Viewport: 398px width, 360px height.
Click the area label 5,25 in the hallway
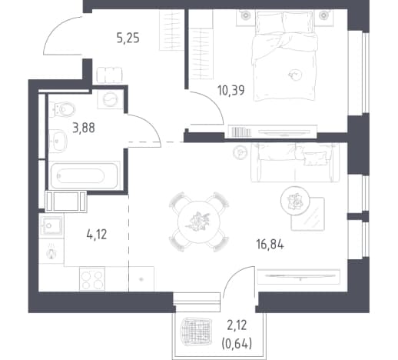coord(128,38)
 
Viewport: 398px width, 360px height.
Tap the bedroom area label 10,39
coord(231,90)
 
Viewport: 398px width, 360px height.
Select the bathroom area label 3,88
coord(84,128)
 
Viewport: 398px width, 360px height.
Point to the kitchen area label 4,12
coord(97,235)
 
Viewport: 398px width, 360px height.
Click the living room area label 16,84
coord(270,245)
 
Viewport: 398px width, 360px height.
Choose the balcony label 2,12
coord(237,325)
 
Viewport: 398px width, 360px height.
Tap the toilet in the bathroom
coord(62,109)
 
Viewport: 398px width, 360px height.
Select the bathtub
coord(84,175)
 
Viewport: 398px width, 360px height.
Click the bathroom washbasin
coord(58,141)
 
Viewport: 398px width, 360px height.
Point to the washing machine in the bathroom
coord(111,99)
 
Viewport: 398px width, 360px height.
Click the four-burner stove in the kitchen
coord(92,279)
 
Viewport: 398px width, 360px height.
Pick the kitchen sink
coord(51,225)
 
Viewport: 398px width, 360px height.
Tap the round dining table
coord(199,222)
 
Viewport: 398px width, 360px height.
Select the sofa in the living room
coord(295,162)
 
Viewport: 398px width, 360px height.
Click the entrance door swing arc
coord(56,28)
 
